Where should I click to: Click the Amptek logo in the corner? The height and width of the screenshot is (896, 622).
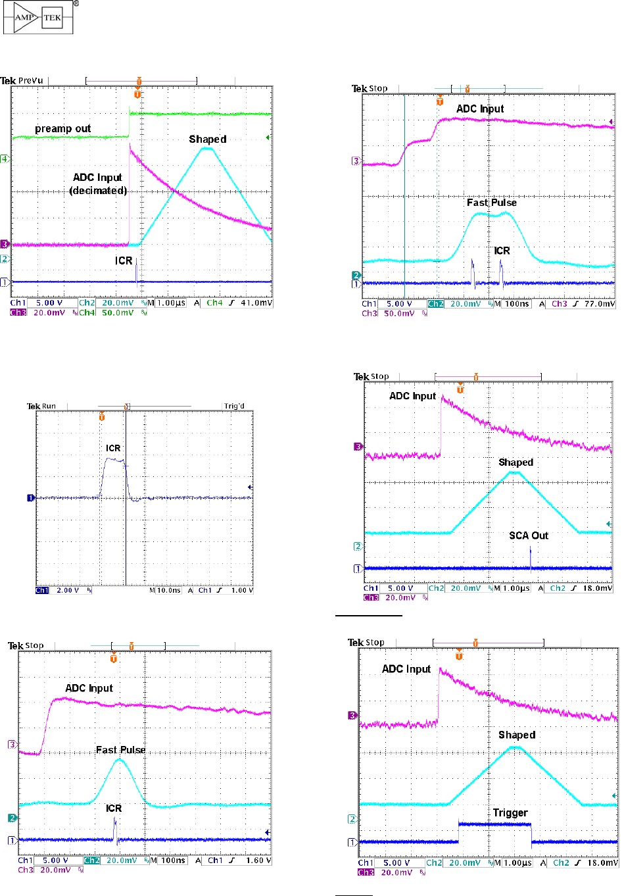(38, 18)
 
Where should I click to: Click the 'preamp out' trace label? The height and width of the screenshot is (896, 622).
(62, 129)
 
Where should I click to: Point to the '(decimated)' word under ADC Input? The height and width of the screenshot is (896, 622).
(98, 191)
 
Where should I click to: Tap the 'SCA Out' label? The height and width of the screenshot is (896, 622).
(528, 535)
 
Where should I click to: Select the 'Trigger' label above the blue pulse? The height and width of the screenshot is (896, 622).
(510, 813)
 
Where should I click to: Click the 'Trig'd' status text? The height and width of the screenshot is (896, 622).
(233, 407)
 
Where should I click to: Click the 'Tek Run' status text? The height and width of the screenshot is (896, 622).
(41, 407)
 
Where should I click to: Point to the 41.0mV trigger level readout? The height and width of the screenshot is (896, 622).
(256, 303)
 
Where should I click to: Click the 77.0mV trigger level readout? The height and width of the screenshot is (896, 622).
(601, 304)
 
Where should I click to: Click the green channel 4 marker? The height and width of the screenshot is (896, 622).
(5, 159)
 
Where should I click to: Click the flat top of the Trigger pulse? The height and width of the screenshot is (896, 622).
(494, 824)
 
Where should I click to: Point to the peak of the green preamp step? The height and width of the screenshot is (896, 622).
(130, 112)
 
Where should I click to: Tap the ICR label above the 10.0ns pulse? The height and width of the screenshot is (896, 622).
(113, 449)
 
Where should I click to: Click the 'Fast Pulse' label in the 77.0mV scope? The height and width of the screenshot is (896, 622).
(491, 203)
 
